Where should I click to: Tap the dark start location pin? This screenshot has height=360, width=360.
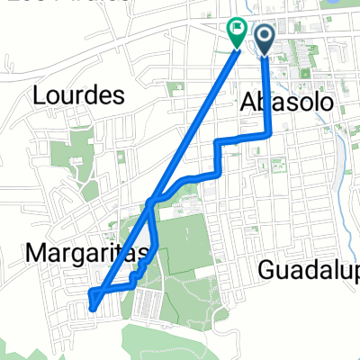click(266, 38)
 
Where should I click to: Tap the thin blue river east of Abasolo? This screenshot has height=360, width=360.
click(343, 135)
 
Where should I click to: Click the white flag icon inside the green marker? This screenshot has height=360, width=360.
click(237, 29)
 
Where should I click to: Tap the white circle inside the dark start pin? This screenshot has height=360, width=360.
click(266, 34)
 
